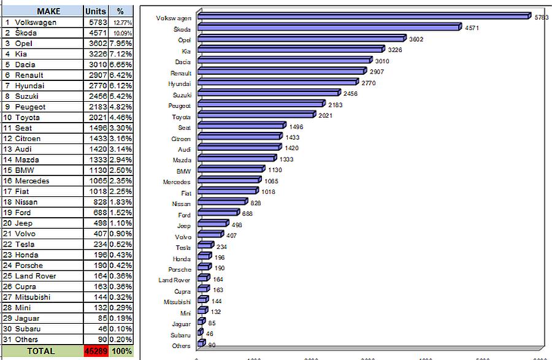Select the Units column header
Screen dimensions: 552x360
96,11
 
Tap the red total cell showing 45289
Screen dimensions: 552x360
96,351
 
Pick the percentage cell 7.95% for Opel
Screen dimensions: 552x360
121,44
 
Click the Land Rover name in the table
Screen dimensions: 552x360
36,276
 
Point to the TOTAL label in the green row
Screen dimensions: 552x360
41,351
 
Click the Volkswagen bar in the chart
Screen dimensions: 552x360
364,16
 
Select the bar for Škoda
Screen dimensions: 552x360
329,27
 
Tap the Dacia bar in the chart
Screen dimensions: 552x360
285,60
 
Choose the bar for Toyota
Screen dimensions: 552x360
256,114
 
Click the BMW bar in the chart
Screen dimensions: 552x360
231,169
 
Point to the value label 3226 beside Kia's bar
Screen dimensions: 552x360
395,50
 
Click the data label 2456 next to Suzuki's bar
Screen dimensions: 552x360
350,94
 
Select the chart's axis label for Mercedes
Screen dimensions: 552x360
177,182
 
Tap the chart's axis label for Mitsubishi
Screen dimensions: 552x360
177,302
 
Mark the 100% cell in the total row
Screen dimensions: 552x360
121,351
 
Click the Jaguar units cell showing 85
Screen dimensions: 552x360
102,318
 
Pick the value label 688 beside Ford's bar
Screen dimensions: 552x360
247,214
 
